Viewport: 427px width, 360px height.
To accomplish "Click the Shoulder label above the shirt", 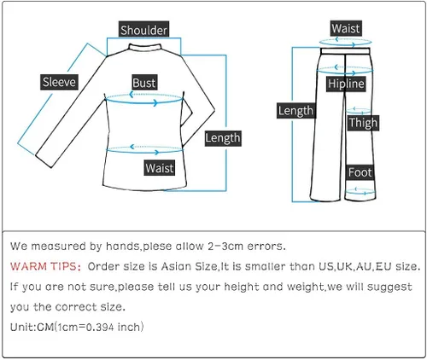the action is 143,29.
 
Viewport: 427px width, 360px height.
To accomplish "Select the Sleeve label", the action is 59,82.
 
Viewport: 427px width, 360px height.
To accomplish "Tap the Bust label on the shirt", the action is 144,83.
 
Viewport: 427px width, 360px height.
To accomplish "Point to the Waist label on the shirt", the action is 160,167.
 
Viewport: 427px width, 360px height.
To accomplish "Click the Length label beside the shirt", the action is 223,138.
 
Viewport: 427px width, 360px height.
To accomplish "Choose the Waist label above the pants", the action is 346,28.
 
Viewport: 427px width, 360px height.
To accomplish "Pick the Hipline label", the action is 346,84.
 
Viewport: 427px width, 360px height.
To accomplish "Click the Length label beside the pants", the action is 296,111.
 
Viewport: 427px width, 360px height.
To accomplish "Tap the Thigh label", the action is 363,123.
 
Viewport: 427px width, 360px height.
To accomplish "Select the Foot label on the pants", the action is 360,172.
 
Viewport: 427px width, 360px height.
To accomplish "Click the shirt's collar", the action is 145,47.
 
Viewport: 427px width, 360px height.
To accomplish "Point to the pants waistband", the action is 345,51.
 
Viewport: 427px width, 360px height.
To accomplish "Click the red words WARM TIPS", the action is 45,266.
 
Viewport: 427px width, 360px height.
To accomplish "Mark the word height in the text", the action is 242,287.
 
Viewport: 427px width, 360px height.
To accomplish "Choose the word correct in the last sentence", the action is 76,307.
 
